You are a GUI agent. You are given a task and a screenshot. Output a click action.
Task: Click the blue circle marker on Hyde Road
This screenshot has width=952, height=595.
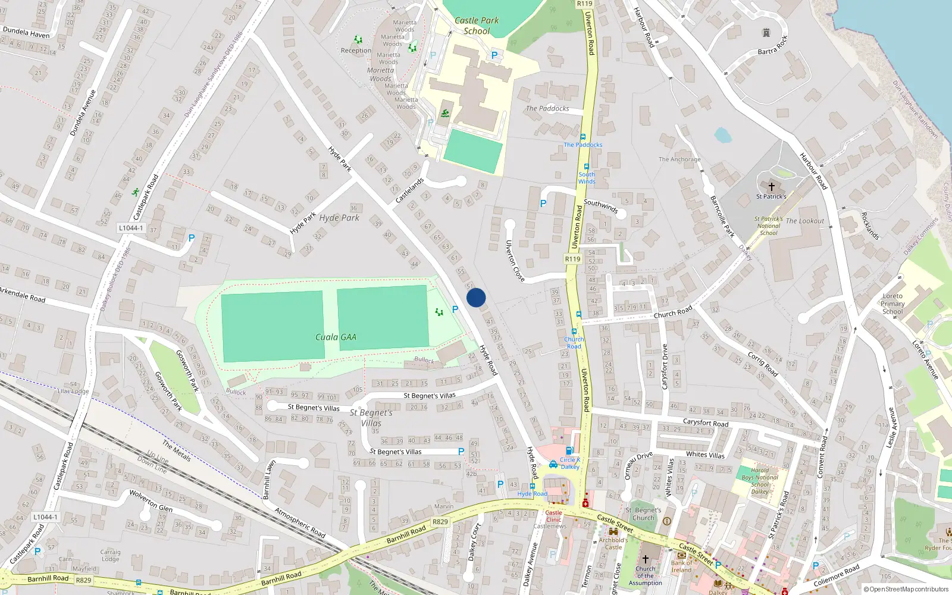click(476, 297)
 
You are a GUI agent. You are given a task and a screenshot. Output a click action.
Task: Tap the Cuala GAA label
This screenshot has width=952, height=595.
click(336, 337)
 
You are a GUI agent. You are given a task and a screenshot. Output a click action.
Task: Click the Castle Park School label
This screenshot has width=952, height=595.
click(477, 26)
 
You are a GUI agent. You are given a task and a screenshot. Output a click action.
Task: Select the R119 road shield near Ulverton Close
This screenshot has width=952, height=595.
click(572, 259)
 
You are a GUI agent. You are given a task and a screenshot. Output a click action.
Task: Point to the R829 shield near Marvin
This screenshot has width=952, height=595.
click(440, 522)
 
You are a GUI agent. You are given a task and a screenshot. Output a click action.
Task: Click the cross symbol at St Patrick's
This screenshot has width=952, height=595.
click(772, 187)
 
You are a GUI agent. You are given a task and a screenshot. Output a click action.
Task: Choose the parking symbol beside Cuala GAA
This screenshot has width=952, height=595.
click(455, 309)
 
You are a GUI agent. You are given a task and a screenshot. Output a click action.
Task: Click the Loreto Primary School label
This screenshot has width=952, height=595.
click(892, 303)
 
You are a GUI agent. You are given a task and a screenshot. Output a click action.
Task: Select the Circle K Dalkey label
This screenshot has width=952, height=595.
click(570, 463)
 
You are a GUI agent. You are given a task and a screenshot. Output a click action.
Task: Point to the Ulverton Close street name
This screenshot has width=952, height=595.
click(515, 260)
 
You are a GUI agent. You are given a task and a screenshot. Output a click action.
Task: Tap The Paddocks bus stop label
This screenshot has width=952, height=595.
click(583, 145)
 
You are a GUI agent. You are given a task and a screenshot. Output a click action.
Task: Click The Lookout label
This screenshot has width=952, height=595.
click(805, 221)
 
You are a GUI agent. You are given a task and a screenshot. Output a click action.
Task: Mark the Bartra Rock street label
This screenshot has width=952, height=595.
click(772, 46)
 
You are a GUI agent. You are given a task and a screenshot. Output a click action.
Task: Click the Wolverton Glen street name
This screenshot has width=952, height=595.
click(151, 500)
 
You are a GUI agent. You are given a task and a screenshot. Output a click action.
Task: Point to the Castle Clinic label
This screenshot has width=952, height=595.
click(553, 516)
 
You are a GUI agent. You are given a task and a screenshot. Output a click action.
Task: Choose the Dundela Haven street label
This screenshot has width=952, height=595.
click(26, 32)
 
